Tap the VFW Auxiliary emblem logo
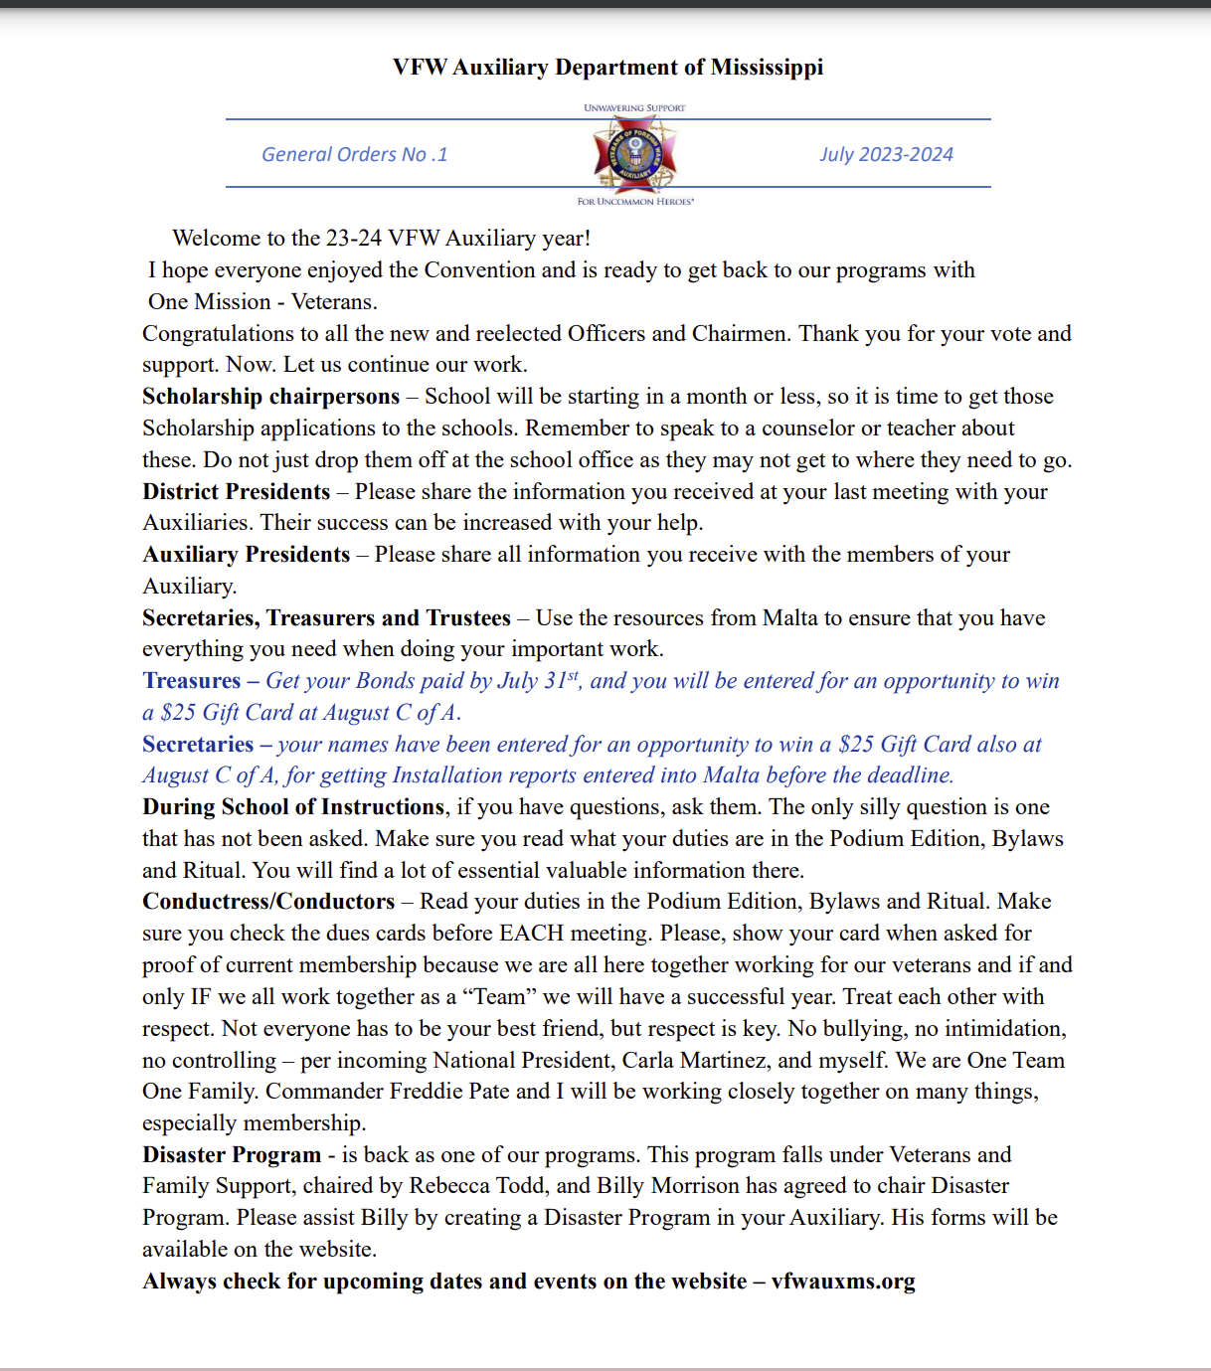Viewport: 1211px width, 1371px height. (x=634, y=154)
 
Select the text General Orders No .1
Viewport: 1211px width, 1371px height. (x=354, y=155)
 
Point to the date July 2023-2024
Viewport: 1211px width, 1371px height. (x=886, y=155)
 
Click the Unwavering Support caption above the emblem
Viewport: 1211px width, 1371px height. (x=634, y=108)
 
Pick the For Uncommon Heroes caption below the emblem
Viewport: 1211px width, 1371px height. (x=635, y=202)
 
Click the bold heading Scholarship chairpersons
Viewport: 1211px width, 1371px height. (x=270, y=397)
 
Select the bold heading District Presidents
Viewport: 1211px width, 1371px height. (x=236, y=492)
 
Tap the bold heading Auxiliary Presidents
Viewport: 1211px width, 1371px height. (x=246, y=555)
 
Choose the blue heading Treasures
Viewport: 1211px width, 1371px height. (x=191, y=681)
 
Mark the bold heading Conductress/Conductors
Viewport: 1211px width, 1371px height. (x=268, y=902)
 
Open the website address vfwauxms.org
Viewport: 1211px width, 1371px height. (x=843, y=1282)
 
